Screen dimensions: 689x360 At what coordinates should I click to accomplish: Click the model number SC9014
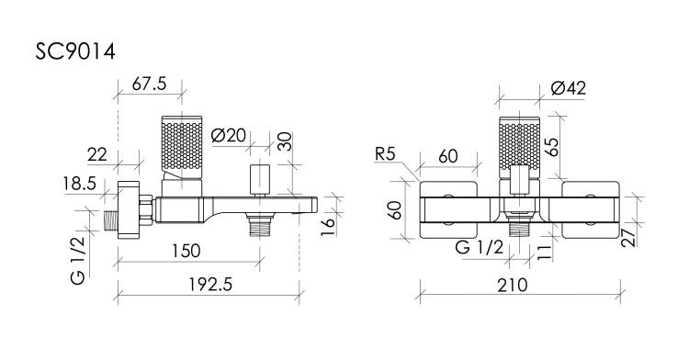coord(75,51)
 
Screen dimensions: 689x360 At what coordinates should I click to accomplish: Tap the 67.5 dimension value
coord(150,84)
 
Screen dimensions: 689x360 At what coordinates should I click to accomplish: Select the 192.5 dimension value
coord(210,285)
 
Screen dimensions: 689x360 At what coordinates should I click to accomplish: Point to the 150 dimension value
coord(186,251)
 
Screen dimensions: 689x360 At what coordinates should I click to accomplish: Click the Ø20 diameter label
coord(228,135)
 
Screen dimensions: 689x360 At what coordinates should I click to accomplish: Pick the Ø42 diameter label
coord(568,88)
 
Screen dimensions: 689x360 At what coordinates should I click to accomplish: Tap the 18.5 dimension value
coord(79,184)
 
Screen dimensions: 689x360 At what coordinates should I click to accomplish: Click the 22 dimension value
coord(97,154)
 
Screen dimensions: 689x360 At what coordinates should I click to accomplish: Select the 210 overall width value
coord(513,286)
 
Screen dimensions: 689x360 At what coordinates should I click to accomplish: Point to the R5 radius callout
coord(385,154)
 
